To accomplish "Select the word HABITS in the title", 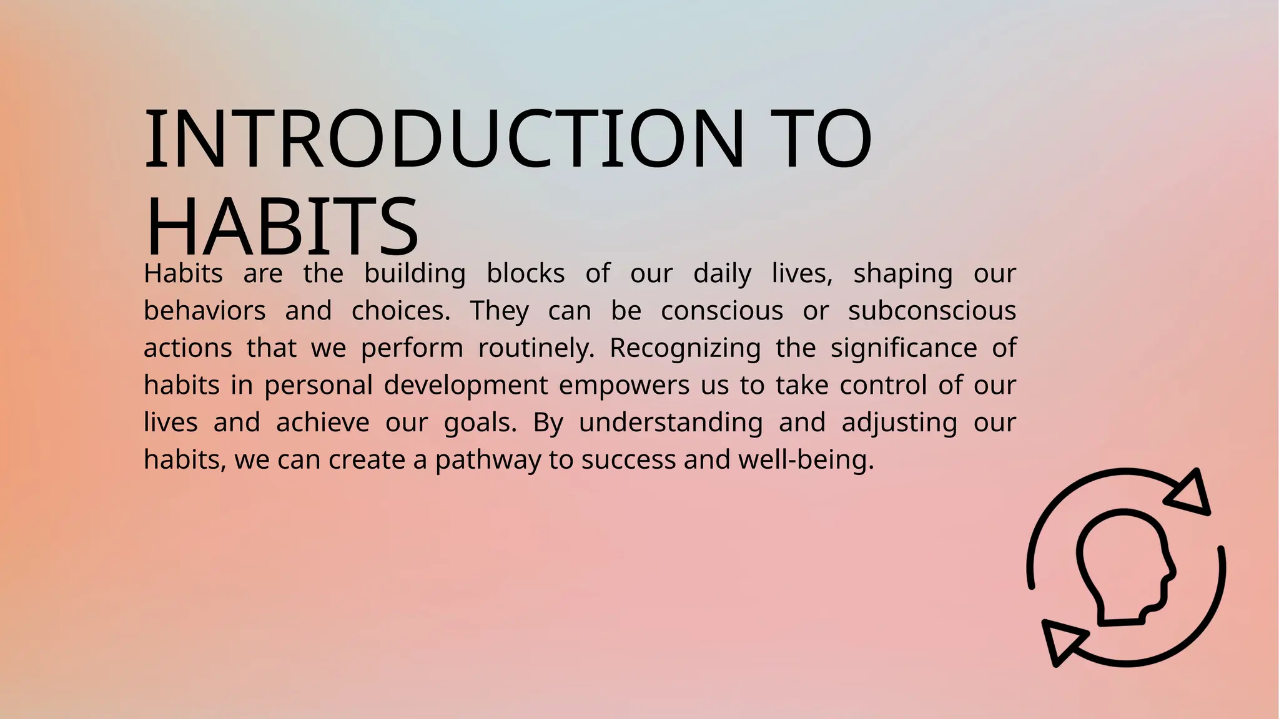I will (281, 227).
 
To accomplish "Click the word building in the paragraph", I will (415, 274).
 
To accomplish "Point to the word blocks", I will (525, 274).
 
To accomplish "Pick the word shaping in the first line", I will (902, 274).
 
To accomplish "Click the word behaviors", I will (205, 311).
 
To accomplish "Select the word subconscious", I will (932, 311).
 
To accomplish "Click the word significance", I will (904, 348).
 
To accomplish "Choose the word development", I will (466, 385).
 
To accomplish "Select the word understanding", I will (671, 423).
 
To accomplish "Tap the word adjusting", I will (899, 423).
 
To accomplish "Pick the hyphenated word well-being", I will (806, 460).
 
